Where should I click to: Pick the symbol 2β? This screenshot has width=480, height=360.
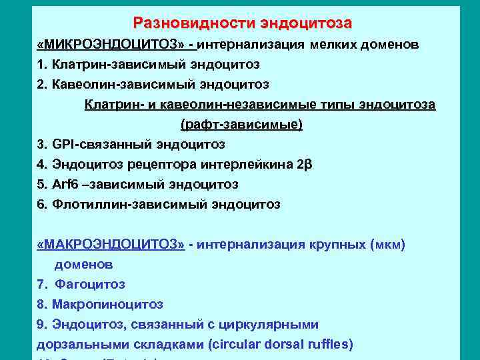coord(303,164)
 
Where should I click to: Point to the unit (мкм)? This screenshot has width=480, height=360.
coord(387,244)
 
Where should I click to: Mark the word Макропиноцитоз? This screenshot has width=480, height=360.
coord(106,304)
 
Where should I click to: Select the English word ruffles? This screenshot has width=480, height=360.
coord(331,345)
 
